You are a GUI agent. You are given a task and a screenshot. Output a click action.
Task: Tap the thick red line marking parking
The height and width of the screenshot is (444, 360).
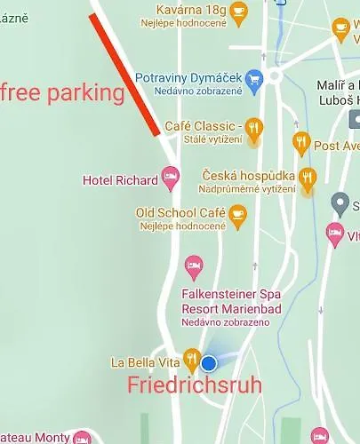(x=124, y=75)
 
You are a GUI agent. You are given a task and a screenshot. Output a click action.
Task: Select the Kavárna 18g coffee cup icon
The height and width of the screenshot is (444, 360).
(x=238, y=11)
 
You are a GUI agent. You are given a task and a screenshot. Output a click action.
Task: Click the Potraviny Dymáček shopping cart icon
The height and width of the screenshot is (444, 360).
(x=255, y=79)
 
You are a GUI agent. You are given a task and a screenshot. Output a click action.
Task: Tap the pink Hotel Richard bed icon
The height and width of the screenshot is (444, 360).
(x=171, y=180)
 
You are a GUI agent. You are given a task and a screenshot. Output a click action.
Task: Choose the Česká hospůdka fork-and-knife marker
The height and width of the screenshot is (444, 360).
(x=308, y=177)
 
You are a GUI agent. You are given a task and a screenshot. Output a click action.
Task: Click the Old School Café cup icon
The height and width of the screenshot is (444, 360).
(x=237, y=213)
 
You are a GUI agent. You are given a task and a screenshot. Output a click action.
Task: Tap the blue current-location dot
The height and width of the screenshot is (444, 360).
(x=209, y=363)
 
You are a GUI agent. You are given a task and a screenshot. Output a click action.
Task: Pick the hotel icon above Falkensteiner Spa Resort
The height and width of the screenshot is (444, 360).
(x=194, y=265)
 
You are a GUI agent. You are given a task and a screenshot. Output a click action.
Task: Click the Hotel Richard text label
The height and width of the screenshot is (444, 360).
(x=120, y=180)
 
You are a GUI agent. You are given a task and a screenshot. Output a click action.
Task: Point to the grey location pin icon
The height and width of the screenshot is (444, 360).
(x=339, y=203)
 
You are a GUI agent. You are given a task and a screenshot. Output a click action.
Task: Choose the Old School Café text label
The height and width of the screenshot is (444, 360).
(x=180, y=213)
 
